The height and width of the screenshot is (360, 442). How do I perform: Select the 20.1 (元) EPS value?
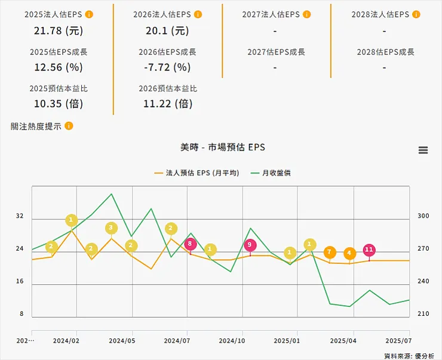pyautogui.click(x=167, y=30)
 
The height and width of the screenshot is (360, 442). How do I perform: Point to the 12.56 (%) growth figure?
pyautogui.click(x=59, y=67)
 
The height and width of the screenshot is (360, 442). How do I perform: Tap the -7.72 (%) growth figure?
pyautogui.click(x=167, y=67)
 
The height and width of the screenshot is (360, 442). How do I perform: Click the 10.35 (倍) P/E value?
pyautogui.click(x=59, y=103)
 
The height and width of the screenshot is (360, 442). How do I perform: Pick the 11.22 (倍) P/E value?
pyautogui.click(x=167, y=103)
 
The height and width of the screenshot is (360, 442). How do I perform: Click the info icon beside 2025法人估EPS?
pyautogui.click(x=89, y=14)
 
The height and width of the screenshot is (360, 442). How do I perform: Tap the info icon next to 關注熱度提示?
pyautogui.click(x=69, y=126)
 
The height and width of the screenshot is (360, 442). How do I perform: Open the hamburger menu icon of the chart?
pyautogui.click(x=423, y=150)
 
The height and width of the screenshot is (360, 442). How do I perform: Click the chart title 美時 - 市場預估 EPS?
pyautogui.click(x=222, y=147)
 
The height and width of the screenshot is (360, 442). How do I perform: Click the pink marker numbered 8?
pyautogui.click(x=189, y=244)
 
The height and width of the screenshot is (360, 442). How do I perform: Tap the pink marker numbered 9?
pyautogui.click(x=250, y=244)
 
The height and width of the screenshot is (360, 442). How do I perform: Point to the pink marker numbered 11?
pyautogui.click(x=369, y=250)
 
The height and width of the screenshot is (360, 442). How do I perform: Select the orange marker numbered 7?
pyautogui.click(x=329, y=253)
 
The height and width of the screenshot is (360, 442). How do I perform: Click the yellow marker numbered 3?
pyautogui.click(x=111, y=228)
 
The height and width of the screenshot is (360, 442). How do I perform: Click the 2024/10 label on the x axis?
pyautogui.click(x=232, y=341)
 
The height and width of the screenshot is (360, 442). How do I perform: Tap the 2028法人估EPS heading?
pyautogui.click(x=380, y=14)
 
